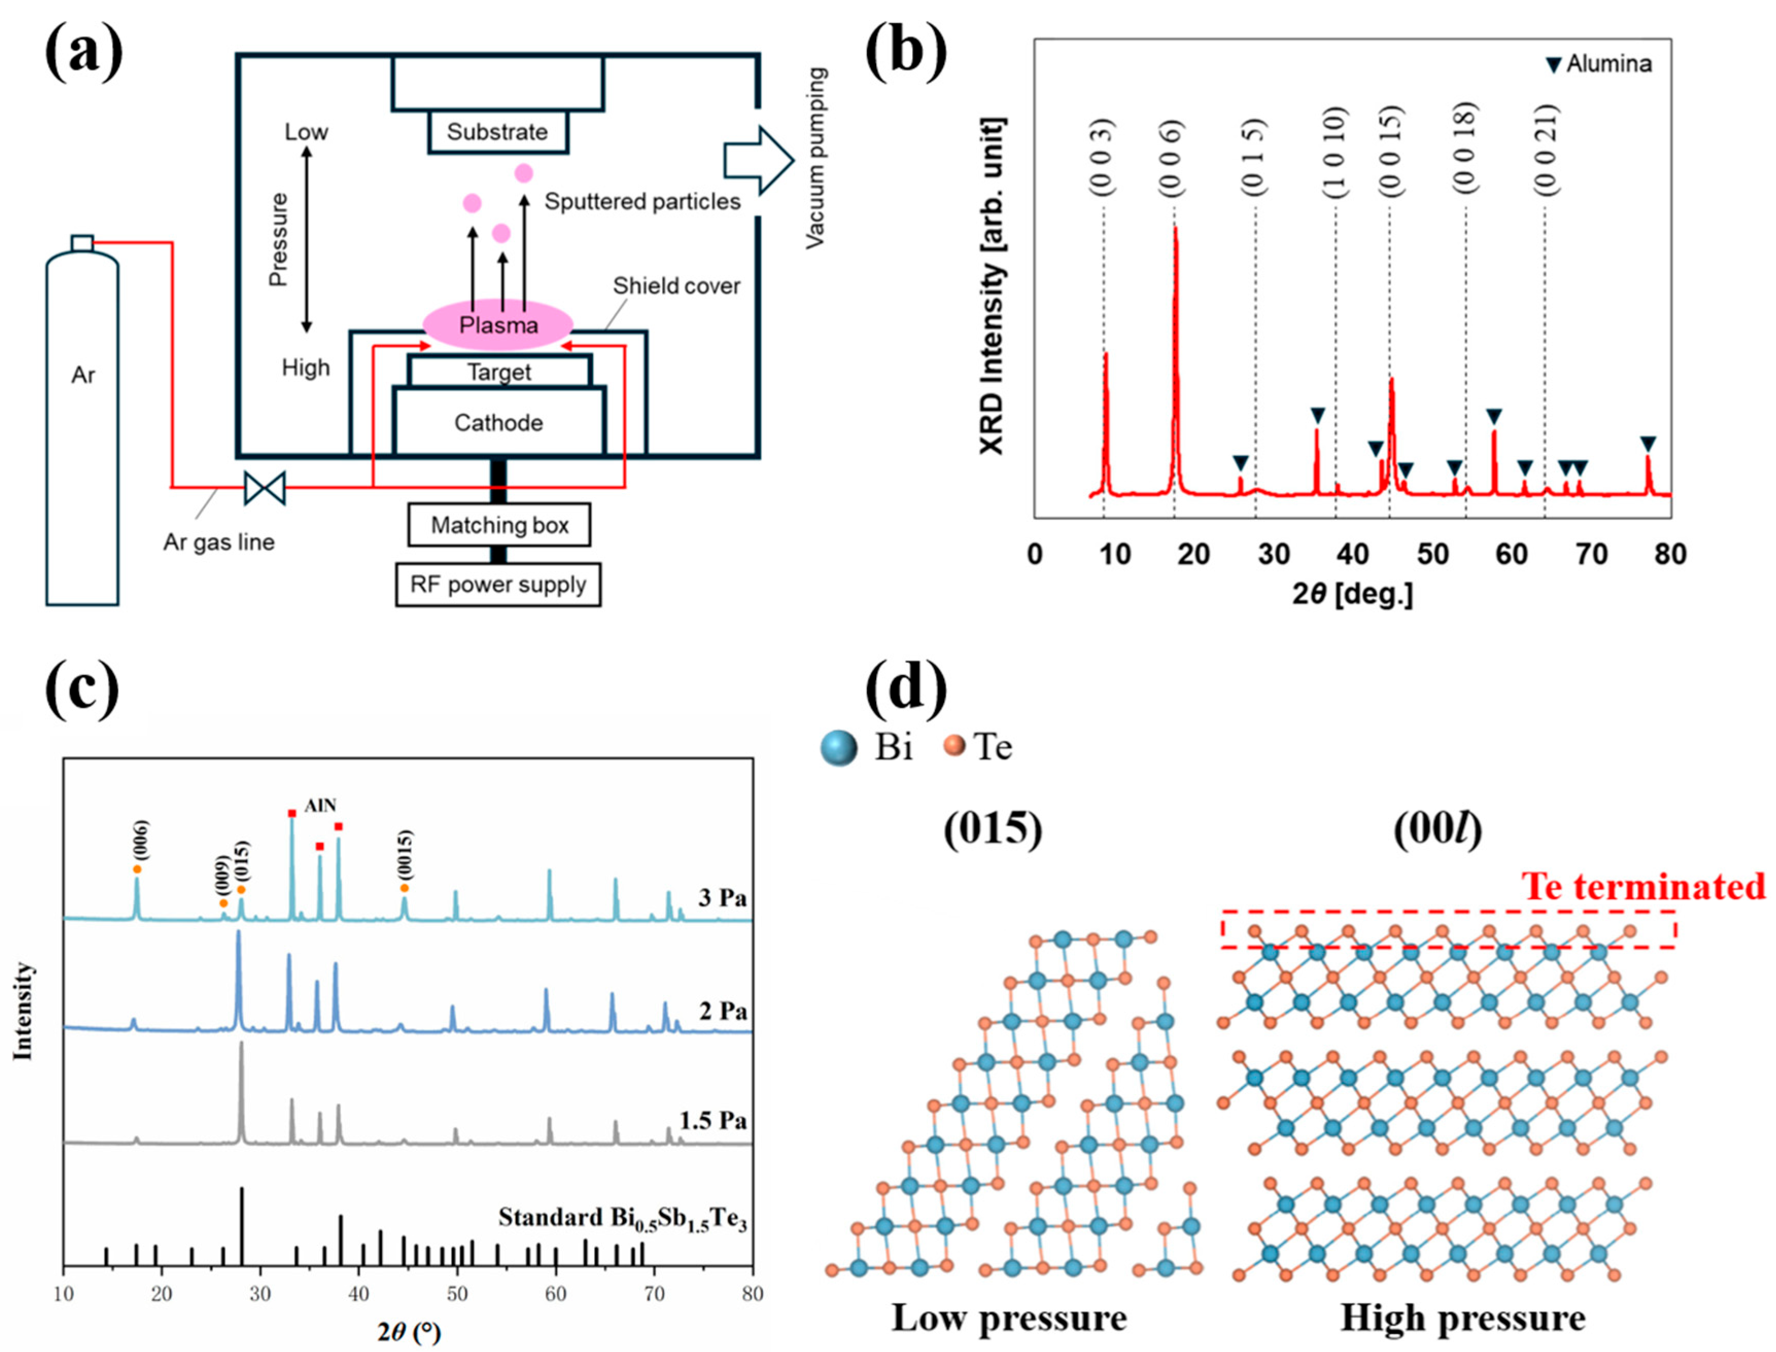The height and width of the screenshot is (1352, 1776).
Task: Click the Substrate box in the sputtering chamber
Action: click(498, 132)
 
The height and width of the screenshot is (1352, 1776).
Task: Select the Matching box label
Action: click(499, 525)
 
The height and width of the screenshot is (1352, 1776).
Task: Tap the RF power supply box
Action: click(498, 584)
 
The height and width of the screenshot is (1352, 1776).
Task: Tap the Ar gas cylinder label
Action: click(83, 376)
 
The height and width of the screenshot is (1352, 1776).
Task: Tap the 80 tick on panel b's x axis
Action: click(1670, 554)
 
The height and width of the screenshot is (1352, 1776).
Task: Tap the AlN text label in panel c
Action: click(320, 805)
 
